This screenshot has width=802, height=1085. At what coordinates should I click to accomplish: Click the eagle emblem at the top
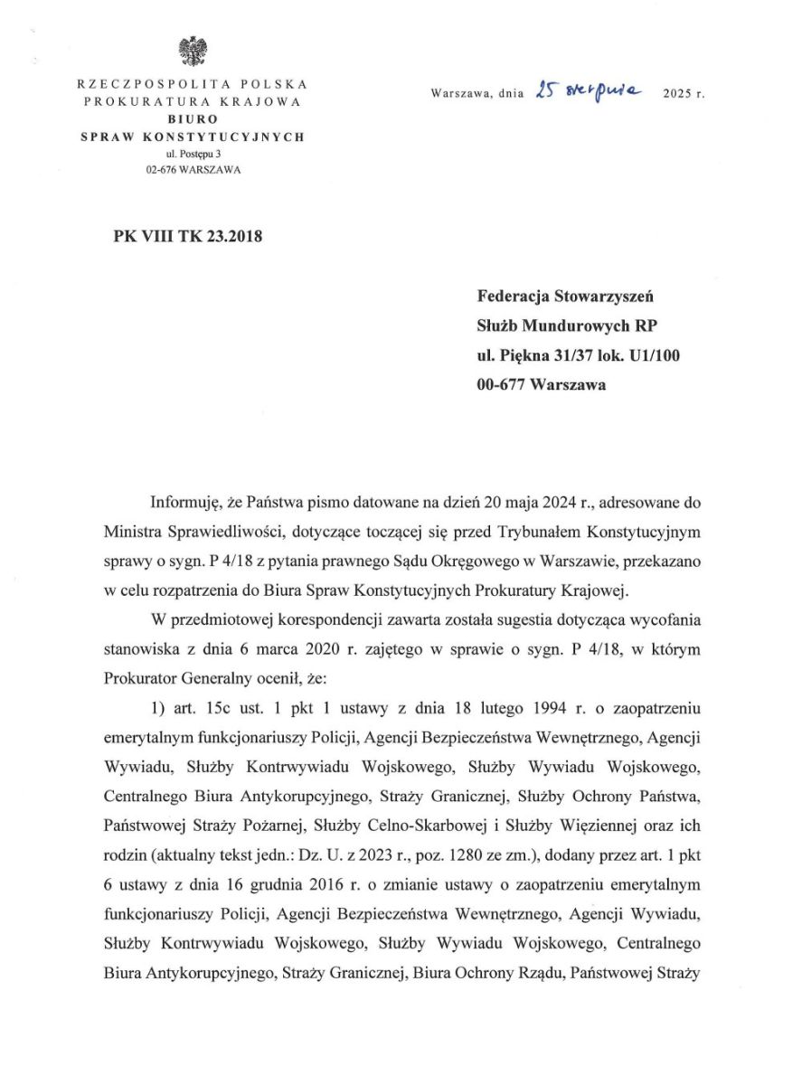point(191,51)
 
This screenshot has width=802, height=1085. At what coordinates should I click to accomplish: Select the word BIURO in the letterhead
point(192,118)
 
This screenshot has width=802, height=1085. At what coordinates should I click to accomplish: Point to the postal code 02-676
point(161,171)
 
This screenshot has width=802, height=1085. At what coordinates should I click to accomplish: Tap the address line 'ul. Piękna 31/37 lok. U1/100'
point(579,355)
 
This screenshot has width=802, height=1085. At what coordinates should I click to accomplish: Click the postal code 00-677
point(501,384)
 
